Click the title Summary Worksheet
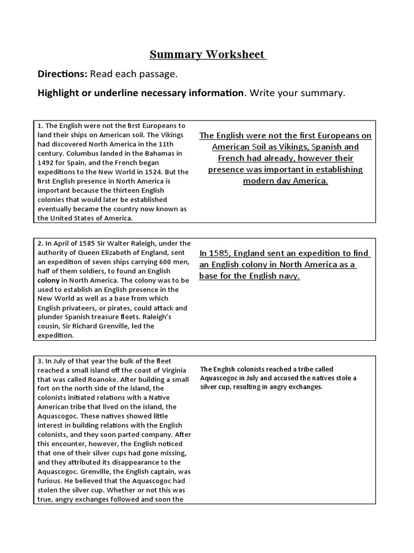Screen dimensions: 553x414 [207, 54]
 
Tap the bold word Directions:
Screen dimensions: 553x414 [62, 73]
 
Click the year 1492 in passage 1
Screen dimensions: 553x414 [47, 163]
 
